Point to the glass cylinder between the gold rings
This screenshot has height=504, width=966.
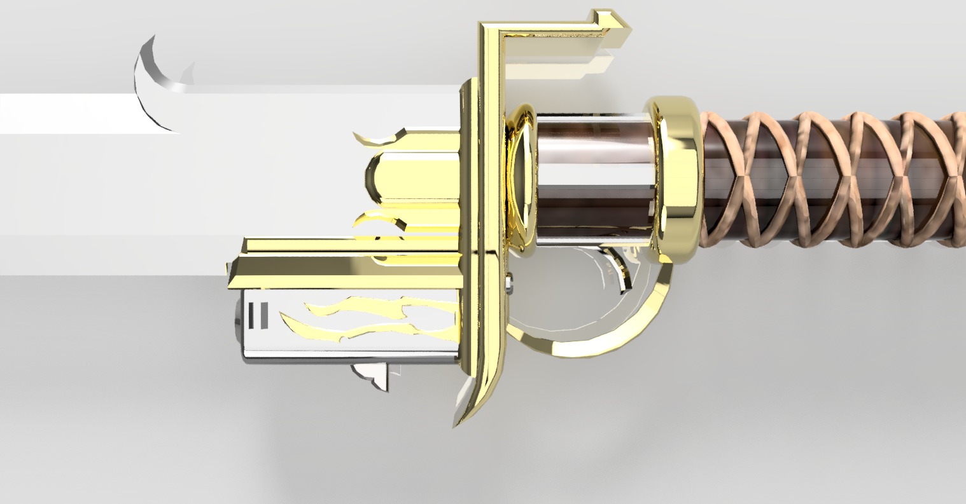595,178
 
